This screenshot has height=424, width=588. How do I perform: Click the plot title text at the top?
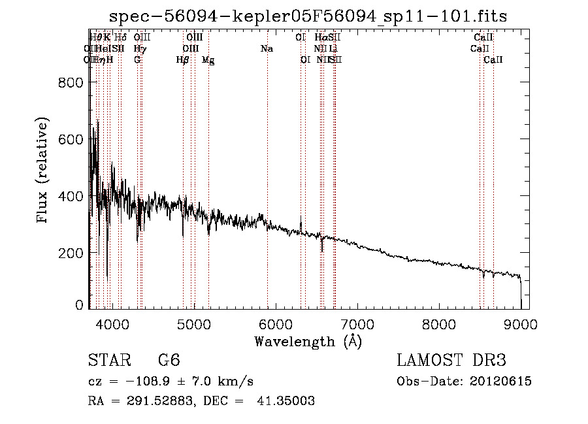click(308, 15)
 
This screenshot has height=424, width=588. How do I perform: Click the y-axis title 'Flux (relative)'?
click(43, 171)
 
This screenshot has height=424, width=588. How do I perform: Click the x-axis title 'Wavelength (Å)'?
click(308, 341)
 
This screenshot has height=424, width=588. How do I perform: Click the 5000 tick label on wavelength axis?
click(194, 323)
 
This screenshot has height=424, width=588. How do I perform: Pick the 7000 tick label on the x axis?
click(357, 323)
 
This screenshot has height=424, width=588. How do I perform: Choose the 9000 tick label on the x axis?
click(521, 323)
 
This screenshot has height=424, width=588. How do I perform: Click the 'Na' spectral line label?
click(267, 48)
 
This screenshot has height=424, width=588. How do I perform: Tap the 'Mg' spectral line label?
click(208, 60)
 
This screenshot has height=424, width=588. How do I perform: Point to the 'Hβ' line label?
click(183, 60)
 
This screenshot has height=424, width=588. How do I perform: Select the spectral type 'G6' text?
click(169, 361)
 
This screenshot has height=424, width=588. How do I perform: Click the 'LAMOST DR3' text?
click(451, 361)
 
